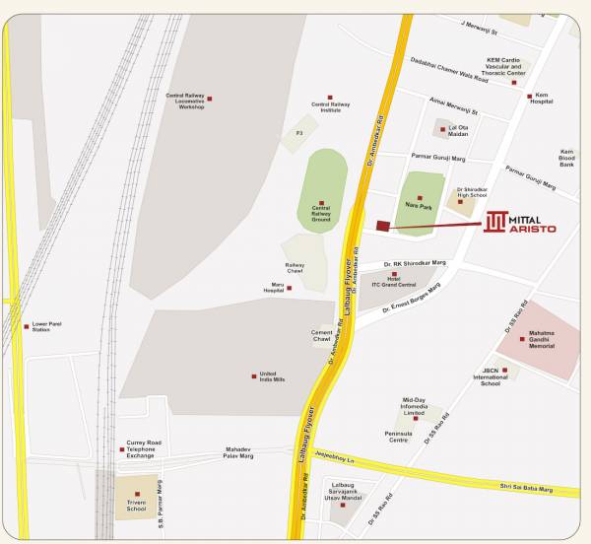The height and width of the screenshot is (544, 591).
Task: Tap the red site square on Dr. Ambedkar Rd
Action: (383, 226)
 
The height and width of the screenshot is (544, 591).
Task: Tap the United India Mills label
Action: (272, 377)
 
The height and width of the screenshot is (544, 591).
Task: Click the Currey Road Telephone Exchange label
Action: (141, 449)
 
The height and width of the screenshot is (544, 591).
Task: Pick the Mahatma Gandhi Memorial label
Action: (542, 340)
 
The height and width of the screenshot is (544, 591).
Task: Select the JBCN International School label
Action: (491, 377)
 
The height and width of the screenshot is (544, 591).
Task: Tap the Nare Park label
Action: (420, 206)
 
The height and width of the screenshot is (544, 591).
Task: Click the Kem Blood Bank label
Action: (566, 158)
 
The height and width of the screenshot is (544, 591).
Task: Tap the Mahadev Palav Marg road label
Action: (238, 453)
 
